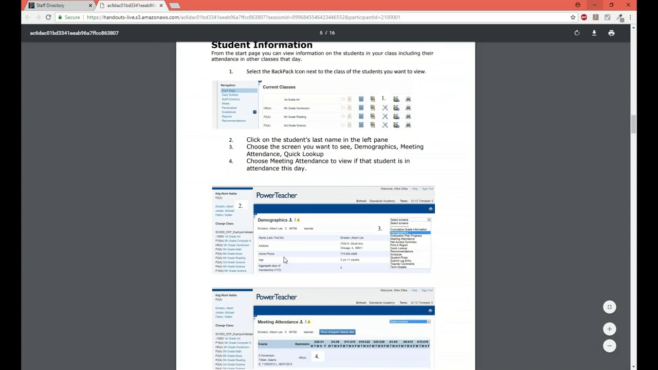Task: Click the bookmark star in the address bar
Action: (573, 17)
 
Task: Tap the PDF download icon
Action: (594, 33)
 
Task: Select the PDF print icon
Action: (611, 33)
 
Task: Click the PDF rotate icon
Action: (577, 33)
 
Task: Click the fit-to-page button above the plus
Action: (609, 307)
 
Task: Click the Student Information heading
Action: (262, 45)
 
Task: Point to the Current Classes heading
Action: (279, 87)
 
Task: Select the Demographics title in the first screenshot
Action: (272, 220)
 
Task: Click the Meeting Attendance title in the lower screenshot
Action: (278, 322)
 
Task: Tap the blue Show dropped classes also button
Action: (337, 332)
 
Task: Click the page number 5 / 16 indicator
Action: (327, 33)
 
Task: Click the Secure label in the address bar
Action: (72, 17)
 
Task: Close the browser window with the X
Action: (628, 5)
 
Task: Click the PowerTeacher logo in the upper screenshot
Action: (277, 195)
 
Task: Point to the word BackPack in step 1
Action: (282, 71)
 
